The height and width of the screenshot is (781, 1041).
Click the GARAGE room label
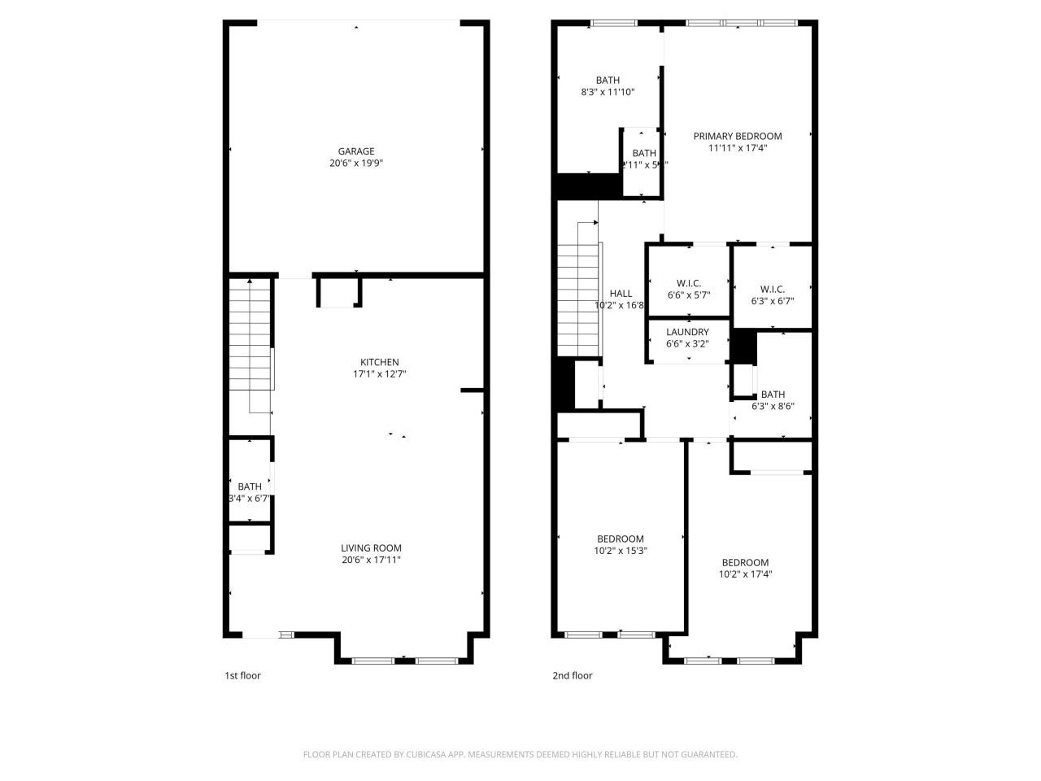(356, 151)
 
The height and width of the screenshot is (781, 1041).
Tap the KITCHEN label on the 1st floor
(380, 363)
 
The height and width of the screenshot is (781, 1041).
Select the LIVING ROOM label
(371, 548)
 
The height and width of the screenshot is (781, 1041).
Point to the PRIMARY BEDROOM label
(737, 137)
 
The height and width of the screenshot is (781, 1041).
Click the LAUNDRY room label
(687, 332)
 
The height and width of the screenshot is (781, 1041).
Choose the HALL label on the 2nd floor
(621, 294)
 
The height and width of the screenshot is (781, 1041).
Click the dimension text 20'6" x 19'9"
(356, 164)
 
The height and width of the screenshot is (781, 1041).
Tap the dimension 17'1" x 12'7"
(380, 375)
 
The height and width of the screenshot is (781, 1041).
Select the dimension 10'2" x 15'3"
(621, 551)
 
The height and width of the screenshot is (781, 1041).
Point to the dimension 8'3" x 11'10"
(608, 92)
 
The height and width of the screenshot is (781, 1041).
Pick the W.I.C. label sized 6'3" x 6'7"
(772, 289)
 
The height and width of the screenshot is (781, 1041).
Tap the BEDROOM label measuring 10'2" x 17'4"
(745, 563)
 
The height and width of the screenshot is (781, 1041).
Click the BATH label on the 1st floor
(250, 486)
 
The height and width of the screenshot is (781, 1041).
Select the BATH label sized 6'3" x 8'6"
(773, 395)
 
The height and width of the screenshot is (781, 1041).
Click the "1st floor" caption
(242, 675)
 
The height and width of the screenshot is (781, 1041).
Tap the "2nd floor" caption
(573, 675)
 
